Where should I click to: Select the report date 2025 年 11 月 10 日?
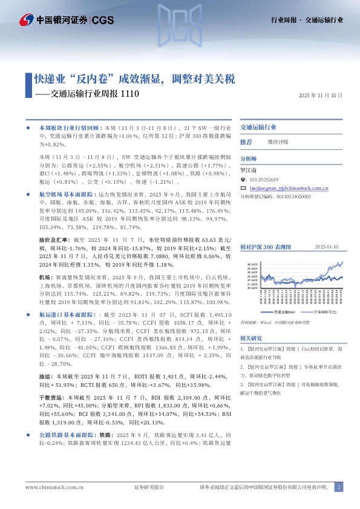(321, 96)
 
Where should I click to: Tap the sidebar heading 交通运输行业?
(258, 128)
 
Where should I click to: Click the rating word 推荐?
(246, 142)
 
